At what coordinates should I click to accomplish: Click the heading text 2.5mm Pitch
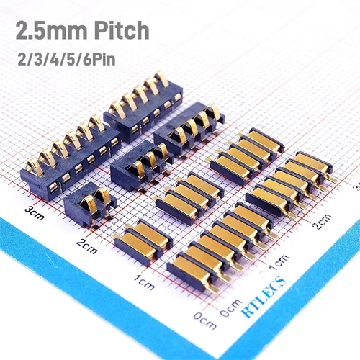(82, 30)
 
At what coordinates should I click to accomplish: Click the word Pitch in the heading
(119, 30)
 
